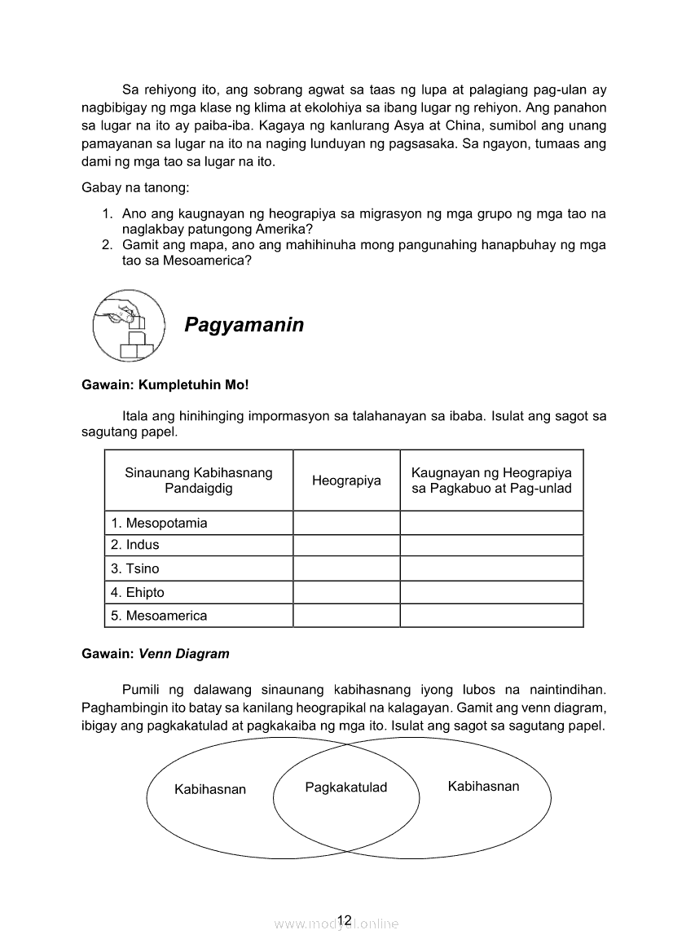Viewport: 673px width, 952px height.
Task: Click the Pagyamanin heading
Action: click(x=244, y=325)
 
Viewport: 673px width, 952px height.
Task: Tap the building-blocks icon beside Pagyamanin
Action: click(x=127, y=325)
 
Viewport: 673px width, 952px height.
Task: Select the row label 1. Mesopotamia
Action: click(x=159, y=523)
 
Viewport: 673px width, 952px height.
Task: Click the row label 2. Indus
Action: click(x=135, y=545)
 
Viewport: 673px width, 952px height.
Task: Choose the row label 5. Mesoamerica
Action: click(x=159, y=616)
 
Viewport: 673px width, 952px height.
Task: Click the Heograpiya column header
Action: click(x=346, y=480)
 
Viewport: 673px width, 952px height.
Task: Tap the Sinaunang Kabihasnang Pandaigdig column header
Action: click(x=199, y=480)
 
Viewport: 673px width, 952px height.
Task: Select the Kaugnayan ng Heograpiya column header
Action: click(x=491, y=480)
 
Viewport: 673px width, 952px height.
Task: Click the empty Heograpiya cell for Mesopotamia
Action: click(x=346, y=523)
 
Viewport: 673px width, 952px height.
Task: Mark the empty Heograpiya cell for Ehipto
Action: click(x=346, y=592)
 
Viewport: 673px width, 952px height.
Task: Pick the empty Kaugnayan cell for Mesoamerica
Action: click(x=491, y=616)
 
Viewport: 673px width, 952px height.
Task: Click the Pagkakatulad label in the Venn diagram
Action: click(x=345, y=787)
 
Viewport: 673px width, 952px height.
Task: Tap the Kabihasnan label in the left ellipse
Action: click(x=210, y=789)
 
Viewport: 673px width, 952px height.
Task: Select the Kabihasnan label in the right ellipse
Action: click(x=483, y=786)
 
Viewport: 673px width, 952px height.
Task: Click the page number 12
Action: click(x=344, y=920)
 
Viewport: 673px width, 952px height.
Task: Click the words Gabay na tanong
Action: click(x=134, y=188)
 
